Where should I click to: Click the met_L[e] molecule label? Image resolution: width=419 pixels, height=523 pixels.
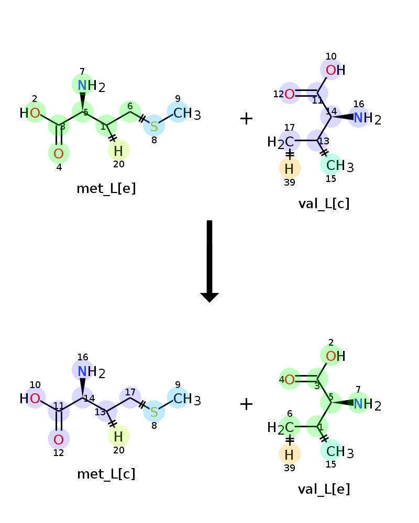point(106,189)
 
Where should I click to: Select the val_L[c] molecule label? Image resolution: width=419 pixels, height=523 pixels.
point(324,203)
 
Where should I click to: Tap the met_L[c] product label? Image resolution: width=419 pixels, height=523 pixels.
point(106,474)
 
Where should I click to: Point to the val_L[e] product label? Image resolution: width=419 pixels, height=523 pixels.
point(324,490)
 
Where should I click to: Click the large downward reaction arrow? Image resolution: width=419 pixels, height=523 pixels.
point(210,261)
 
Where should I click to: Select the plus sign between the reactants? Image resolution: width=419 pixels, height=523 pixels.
point(247,118)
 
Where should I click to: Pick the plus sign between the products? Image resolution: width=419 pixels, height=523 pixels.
point(247,404)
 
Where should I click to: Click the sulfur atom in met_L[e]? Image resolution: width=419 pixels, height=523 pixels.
point(154,127)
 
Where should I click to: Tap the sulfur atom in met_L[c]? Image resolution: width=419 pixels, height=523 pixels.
point(154,412)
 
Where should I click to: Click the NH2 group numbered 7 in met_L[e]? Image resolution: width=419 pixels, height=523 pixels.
point(91,86)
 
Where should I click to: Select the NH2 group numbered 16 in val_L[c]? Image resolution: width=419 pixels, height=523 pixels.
point(367,118)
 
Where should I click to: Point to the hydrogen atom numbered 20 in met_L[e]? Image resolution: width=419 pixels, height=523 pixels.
point(118,151)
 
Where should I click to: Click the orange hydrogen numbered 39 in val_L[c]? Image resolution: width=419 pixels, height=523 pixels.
point(289,169)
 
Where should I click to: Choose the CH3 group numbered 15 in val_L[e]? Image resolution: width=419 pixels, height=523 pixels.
point(339,452)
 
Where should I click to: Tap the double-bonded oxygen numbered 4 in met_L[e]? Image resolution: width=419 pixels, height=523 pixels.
point(59,154)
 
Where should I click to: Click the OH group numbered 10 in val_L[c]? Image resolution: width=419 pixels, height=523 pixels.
point(336,70)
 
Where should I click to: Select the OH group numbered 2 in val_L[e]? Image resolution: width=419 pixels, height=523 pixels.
point(336,356)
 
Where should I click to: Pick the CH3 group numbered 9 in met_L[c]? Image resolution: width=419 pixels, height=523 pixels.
point(187,399)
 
